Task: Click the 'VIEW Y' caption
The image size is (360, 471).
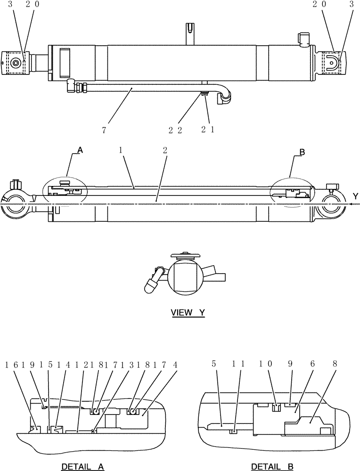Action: click(188, 312)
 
